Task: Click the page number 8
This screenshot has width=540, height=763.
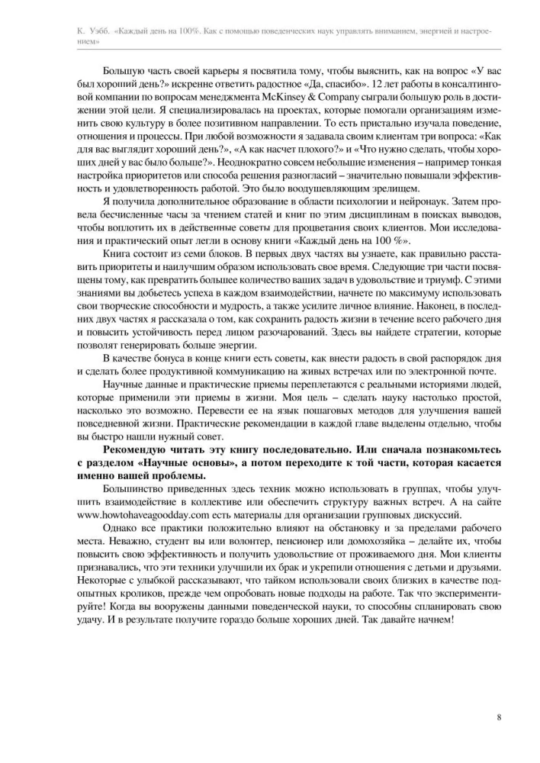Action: coord(498,717)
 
